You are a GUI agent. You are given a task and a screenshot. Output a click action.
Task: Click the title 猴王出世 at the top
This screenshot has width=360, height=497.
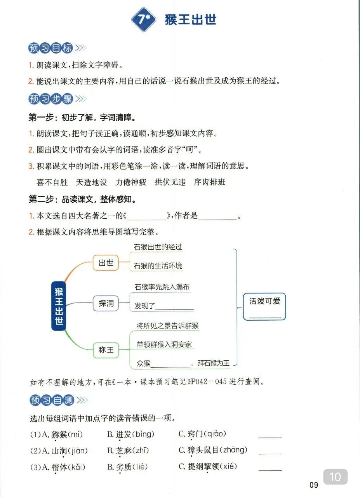click(190, 19)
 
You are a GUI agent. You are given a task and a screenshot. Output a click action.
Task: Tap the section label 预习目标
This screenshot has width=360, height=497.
click(50, 48)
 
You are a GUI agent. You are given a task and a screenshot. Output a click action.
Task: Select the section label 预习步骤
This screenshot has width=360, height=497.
click(50, 99)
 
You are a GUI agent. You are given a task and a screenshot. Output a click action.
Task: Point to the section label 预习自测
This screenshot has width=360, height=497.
click(50, 400)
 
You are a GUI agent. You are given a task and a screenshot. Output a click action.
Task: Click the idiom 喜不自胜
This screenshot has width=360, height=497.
click(52, 182)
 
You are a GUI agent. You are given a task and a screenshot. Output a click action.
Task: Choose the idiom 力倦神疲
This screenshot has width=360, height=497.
click(130, 182)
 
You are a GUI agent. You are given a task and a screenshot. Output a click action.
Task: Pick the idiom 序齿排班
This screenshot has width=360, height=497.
click(209, 182)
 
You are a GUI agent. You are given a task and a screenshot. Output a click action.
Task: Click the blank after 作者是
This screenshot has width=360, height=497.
click(217, 217)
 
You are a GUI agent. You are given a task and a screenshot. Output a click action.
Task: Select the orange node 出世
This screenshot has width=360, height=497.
click(106, 263)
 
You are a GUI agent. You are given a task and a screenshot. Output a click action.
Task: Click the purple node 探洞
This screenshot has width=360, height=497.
click(106, 303)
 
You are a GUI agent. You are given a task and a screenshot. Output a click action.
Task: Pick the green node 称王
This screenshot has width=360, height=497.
click(106, 350)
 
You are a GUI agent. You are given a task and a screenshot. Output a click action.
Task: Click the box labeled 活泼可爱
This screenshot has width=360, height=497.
click(264, 306)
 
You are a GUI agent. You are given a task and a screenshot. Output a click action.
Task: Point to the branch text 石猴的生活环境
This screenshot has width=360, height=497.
click(158, 266)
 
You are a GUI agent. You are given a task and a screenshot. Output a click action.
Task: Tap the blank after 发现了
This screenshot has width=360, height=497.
click(174, 307)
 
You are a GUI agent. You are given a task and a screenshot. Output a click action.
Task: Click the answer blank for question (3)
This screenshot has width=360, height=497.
click(270, 467)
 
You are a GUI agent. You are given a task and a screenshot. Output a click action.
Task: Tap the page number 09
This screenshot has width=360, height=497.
click(314, 485)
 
